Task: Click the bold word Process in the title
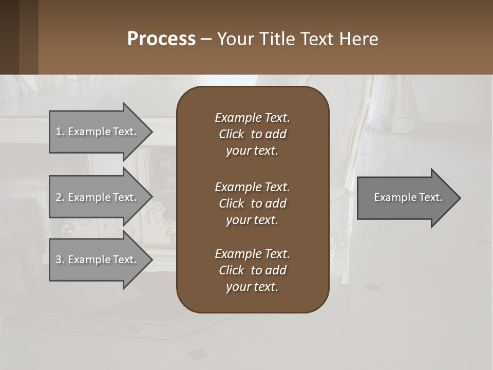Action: (161, 39)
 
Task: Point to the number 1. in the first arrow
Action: (60, 132)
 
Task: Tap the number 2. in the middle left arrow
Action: (60, 197)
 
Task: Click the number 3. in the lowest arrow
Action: (60, 260)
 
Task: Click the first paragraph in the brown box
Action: (252, 134)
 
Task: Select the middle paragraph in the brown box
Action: (252, 203)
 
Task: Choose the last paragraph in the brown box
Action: (252, 270)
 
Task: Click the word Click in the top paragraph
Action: (232, 134)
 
